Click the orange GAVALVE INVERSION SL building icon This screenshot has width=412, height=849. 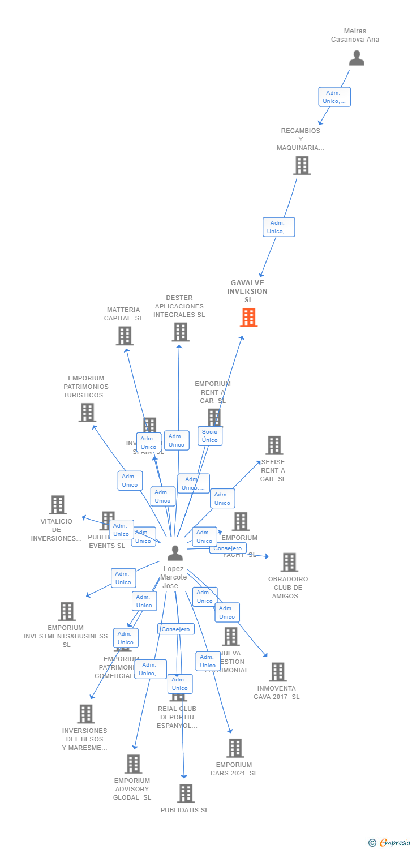click(248, 318)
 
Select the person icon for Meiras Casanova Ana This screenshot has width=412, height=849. click(356, 58)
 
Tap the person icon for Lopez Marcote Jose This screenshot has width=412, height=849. click(175, 552)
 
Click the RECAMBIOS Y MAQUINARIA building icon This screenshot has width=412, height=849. click(302, 165)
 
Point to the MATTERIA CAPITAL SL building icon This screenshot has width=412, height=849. click(125, 336)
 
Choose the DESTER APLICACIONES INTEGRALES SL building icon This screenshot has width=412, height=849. click(180, 332)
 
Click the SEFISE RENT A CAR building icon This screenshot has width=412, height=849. click(274, 445)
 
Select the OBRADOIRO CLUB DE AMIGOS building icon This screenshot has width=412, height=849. click(289, 562)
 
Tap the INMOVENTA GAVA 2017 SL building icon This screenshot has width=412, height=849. click(277, 672)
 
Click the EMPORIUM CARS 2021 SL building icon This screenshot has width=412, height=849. click(235, 748)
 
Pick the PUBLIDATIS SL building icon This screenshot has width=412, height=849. click(185, 794)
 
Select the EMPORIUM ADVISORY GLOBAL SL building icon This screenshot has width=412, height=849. click(133, 764)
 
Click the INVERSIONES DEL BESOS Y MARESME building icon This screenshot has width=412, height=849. click(85, 714)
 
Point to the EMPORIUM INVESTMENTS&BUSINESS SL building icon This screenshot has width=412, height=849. click(67, 611)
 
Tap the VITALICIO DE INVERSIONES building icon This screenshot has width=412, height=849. click(57, 504)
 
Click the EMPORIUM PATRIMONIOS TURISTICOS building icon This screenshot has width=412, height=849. click(87, 412)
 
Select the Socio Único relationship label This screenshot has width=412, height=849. click(209, 436)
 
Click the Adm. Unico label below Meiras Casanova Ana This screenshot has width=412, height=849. click(334, 97)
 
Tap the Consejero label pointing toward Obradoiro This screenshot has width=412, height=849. click(228, 548)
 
